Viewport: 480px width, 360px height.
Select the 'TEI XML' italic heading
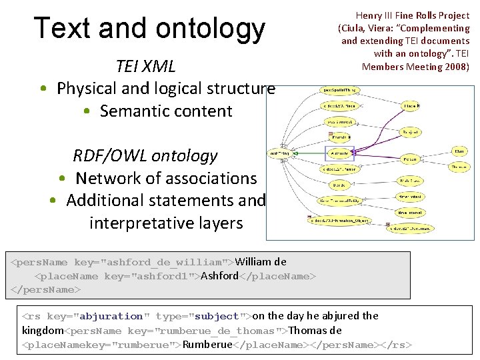145,66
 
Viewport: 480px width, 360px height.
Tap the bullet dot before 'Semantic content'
89,111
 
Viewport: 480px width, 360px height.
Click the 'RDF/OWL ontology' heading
145,156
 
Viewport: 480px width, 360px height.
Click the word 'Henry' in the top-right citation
369,15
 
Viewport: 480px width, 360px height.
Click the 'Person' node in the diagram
410,159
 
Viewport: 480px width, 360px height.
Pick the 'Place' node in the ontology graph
411,106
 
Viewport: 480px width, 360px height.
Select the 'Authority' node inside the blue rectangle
339,153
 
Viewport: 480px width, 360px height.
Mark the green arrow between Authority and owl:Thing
309,153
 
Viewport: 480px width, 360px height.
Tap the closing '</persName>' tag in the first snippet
46,290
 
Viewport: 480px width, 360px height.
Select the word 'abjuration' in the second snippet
111,316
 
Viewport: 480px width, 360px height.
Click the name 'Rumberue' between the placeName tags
207,345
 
